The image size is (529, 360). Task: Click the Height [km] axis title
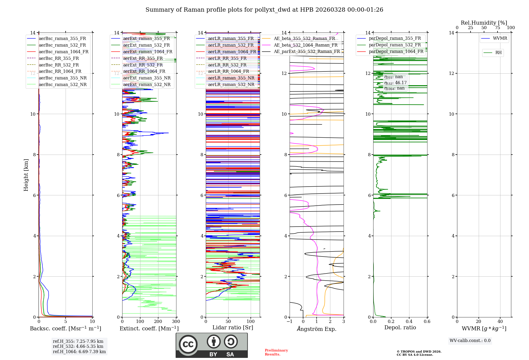tap(26, 175)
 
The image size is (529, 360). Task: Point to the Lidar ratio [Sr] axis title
tap(233, 327)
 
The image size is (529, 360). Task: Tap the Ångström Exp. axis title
tap(317, 329)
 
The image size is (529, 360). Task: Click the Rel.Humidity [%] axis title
tap(484, 23)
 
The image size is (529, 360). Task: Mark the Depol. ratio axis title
tap(400, 327)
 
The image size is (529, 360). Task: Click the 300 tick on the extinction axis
tap(176, 322)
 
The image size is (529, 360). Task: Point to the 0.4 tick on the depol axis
tap(409, 322)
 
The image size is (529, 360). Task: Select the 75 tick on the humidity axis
tap(497, 28)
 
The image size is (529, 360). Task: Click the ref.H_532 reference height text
tap(78, 346)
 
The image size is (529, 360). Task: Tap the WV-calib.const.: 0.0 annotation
tap(470, 341)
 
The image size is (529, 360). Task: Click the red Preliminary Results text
tap(276, 352)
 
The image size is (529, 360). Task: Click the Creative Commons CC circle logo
tap(188, 344)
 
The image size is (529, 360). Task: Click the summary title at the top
tap(264, 10)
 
